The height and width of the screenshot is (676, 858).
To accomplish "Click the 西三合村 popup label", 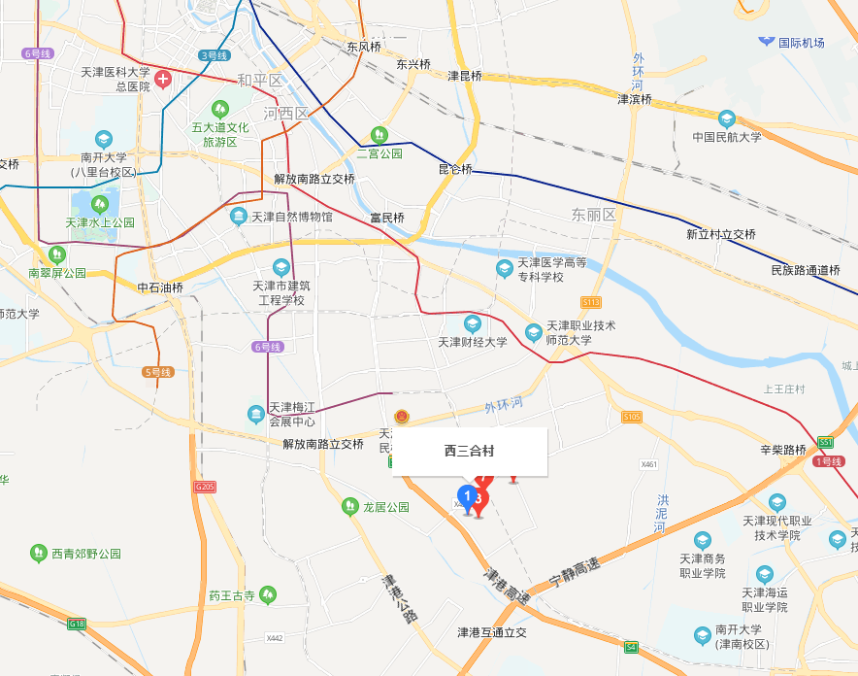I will click(x=470, y=452).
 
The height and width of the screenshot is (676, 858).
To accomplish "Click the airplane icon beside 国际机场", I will click(x=767, y=42).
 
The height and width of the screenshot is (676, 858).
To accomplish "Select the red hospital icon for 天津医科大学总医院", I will click(x=163, y=79).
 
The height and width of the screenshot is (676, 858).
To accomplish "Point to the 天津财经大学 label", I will click(x=473, y=342).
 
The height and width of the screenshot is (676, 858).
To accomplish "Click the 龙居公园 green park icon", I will click(x=349, y=507).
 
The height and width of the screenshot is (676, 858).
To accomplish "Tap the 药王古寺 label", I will click(x=231, y=595).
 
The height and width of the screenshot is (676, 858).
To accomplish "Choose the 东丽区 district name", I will click(x=594, y=215).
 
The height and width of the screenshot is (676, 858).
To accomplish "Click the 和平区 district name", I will click(x=259, y=81).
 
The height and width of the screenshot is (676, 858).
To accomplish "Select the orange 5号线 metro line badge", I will click(x=157, y=372).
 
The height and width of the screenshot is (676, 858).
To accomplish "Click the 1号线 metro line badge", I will click(x=827, y=461).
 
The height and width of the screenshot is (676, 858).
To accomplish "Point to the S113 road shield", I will click(x=592, y=302).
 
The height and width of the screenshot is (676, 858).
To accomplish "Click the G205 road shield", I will click(x=204, y=486).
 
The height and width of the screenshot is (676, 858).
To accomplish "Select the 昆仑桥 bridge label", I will click(x=455, y=169).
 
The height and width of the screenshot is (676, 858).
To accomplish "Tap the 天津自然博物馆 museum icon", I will click(x=239, y=217).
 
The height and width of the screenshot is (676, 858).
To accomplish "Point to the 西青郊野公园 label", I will click(x=86, y=554).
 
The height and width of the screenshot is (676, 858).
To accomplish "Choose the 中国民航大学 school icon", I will click(x=727, y=118).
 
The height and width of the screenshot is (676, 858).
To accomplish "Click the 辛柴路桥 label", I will click(x=783, y=450).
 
